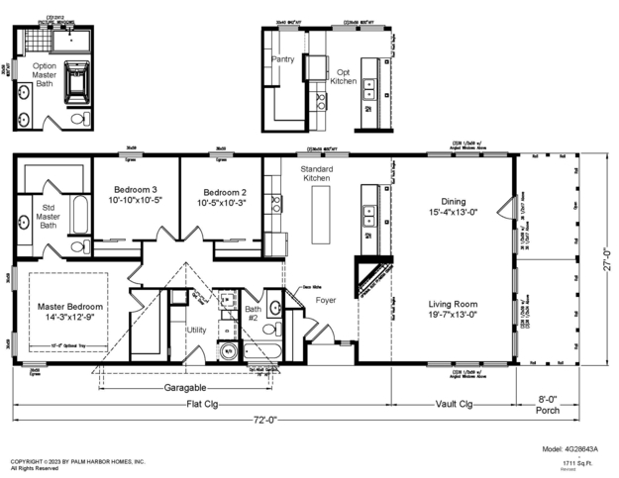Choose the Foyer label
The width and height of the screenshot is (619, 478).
(326, 299)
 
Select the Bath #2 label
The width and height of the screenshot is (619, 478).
(253, 315)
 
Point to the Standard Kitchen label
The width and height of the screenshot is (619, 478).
(316, 175)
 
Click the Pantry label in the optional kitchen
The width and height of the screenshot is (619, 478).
(283, 59)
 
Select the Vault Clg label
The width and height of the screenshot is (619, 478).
(454, 405)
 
